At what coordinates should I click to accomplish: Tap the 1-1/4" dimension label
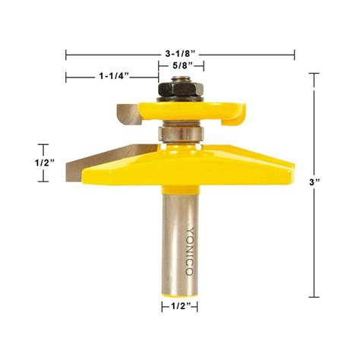point(113,77)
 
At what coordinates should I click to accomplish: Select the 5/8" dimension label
point(180,66)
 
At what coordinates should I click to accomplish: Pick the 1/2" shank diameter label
point(179,307)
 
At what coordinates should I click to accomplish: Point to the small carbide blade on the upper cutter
point(126,115)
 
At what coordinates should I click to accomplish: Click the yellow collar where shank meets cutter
point(179,186)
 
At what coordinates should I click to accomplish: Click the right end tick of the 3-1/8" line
point(294,55)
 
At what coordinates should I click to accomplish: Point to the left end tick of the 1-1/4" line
point(67,77)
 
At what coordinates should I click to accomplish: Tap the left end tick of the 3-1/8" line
point(67,55)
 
